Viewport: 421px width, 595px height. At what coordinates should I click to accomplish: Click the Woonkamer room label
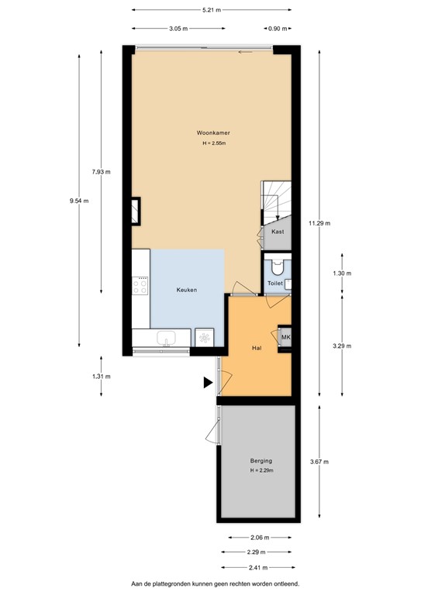[213, 132]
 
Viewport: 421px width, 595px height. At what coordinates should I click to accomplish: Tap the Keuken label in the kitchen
[186, 290]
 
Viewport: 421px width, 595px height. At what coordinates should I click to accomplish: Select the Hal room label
[256, 348]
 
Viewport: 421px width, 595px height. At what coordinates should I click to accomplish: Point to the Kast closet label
[278, 232]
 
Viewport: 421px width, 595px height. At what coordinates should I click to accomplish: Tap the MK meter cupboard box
[285, 337]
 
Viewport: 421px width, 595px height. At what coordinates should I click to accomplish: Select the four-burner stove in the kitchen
[140, 287]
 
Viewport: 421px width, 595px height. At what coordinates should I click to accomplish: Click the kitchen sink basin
[166, 338]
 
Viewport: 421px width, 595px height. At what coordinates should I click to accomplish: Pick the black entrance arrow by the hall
[207, 382]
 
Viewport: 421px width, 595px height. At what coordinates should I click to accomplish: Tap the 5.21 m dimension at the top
[211, 10]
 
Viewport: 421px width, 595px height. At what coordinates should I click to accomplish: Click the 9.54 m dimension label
[78, 201]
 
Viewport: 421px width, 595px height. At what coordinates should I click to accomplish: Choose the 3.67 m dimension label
[319, 462]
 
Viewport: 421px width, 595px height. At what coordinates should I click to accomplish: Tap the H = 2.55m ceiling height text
[213, 143]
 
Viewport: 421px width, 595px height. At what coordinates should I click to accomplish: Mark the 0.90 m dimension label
[275, 29]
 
